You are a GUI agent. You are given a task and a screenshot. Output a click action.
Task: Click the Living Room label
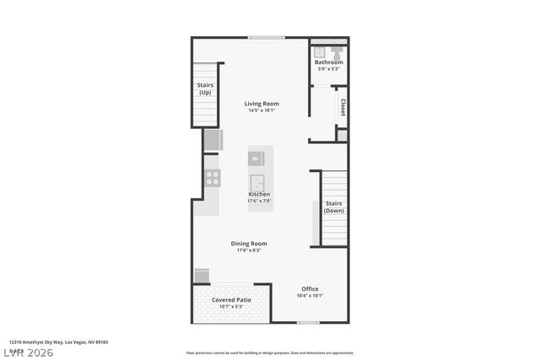click(x=262, y=104)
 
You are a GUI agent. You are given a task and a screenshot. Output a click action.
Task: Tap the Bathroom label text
click(x=329, y=62)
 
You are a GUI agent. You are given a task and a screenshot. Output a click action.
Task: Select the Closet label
click(x=343, y=107)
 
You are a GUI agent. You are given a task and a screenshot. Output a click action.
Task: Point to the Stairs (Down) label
click(x=334, y=207)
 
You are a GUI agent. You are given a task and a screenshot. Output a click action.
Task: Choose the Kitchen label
click(x=259, y=194)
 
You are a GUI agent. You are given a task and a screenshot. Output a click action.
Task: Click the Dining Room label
click(x=249, y=244)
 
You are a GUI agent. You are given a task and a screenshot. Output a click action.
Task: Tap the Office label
click(x=310, y=289)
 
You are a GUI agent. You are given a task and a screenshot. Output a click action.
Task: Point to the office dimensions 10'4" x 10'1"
click(x=310, y=296)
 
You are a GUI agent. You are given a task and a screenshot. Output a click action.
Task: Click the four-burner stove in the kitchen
click(x=213, y=178)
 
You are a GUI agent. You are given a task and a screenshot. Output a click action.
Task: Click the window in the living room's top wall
click(x=266, y=37)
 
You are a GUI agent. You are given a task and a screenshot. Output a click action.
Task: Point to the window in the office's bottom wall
click(x=309, y=322)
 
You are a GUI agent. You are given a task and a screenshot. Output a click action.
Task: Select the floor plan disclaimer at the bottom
click(x=270, y=353)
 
